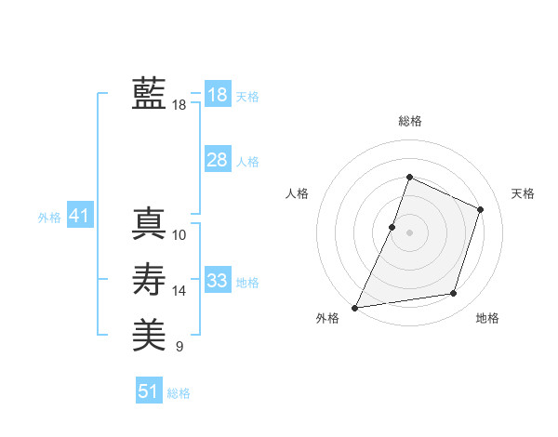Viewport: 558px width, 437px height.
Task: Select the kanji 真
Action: tap(149, 223)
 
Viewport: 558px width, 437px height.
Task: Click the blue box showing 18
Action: tap(217, 95)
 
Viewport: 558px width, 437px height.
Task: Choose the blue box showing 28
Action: tap(217, 160)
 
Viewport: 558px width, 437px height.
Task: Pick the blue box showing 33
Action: tap(217, 281)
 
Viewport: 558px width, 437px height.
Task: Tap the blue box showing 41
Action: tap(78, 216)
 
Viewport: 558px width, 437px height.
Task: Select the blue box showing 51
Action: tap(148, 391)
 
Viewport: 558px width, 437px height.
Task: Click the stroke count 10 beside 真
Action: tap(179, 235)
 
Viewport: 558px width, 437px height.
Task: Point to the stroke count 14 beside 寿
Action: tap(179, 291)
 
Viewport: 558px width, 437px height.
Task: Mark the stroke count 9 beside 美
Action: tap(179, 347)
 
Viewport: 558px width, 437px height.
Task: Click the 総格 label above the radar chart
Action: tap(409, 121)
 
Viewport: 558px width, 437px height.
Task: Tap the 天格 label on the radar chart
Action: tap(523, 193)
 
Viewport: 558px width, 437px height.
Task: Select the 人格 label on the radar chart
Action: tap(297, 193)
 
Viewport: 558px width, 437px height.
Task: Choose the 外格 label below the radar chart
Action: tap(327, 319)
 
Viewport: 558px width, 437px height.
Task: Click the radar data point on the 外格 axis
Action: tap(355, 307)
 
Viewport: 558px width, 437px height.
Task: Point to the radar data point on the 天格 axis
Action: tap(480, 209)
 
